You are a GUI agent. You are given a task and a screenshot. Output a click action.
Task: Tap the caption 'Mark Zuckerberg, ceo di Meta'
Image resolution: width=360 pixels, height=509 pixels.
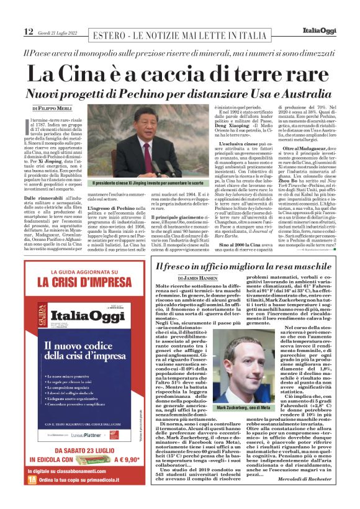(248, 408)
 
